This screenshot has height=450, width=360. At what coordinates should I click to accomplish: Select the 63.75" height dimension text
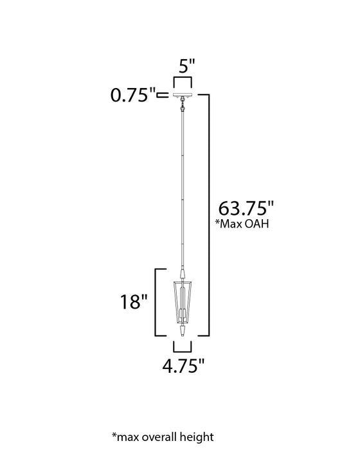(x=247, y=209)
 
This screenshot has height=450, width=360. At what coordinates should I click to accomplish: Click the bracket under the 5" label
(x=183, y=80)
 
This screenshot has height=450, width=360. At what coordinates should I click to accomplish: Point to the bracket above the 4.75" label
(x=183, y=347)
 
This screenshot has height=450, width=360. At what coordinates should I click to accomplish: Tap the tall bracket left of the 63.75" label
(x=208, y=215)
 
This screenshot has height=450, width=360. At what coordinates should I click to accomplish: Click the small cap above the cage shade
(x=183, y=274)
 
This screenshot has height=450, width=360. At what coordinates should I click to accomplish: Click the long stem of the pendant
(x=183, y=193)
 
